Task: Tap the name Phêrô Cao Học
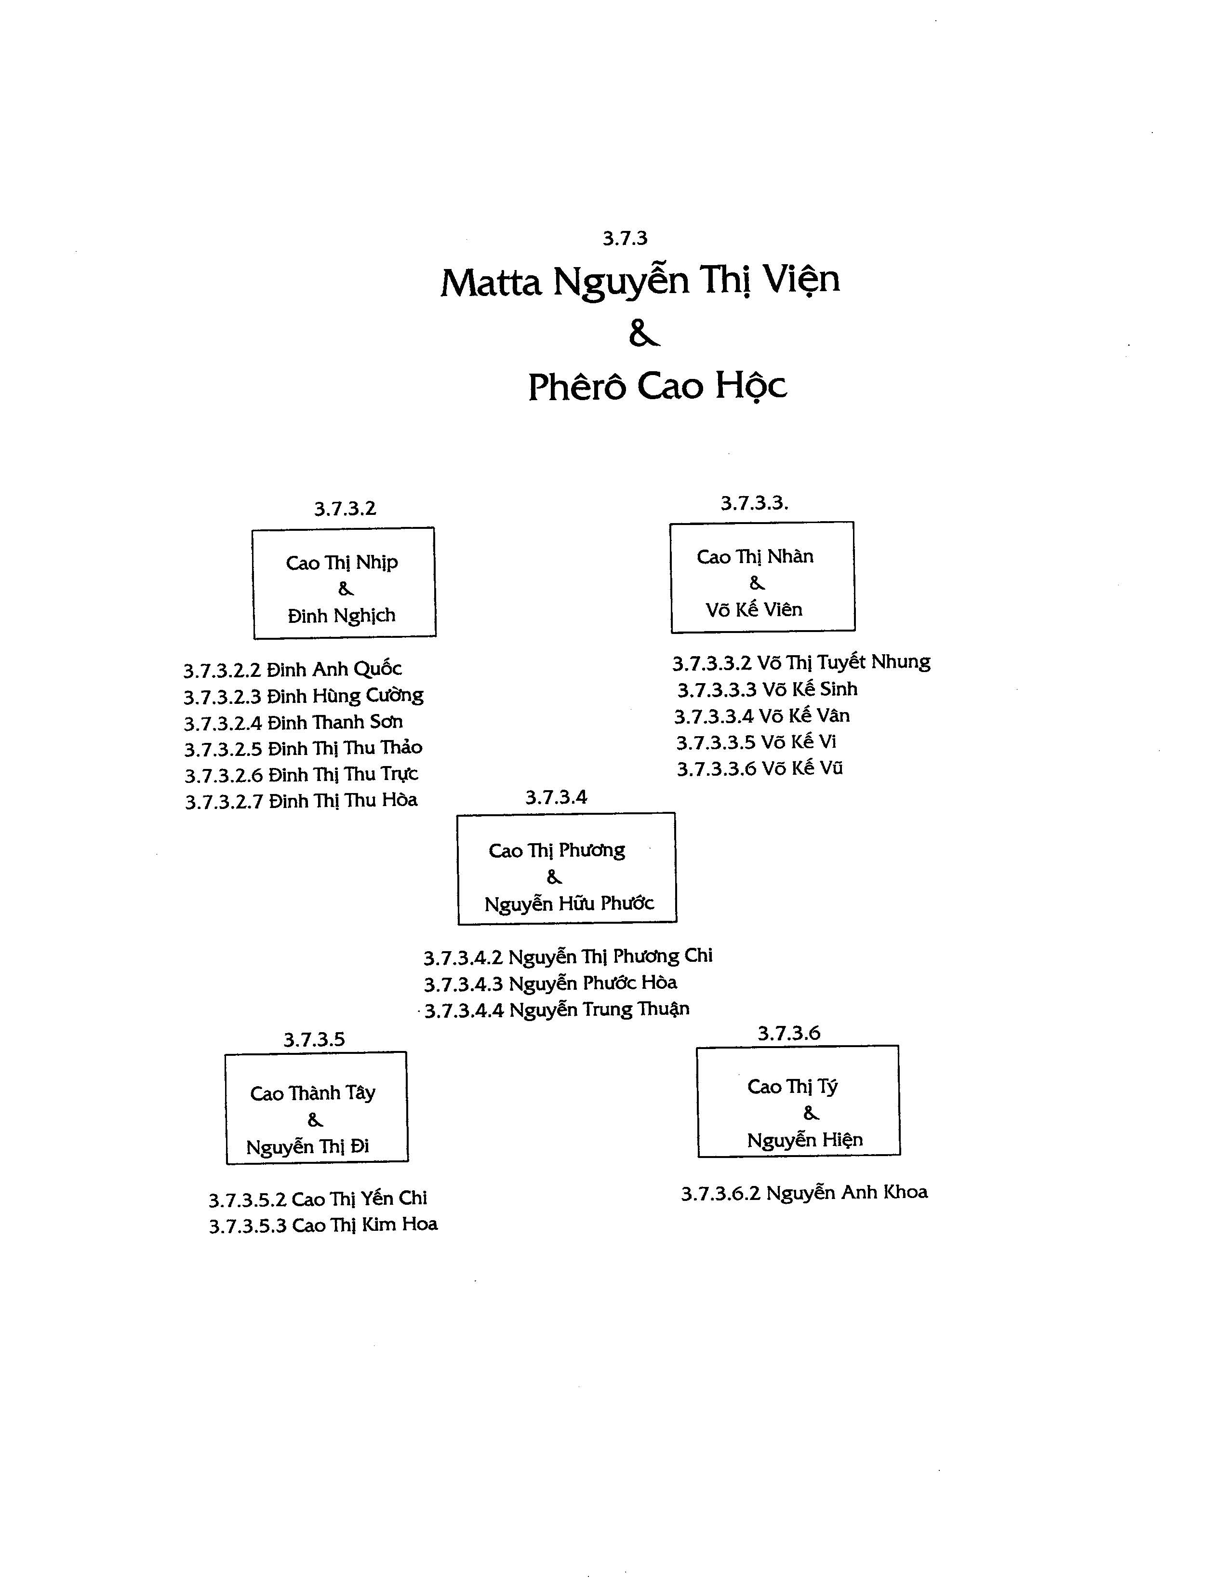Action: tap(657, 386)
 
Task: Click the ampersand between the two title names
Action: tap(643, 333)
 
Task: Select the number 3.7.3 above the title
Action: tap(625, 238)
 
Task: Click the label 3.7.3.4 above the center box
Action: tap(556, 797)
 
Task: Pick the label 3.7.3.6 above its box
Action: tap(789, 1033)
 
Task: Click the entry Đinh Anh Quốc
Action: tap(293, 669)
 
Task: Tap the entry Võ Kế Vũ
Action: tap(760, 768)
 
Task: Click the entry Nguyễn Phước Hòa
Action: tap(550, 983)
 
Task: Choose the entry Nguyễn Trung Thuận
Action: tap(557, 1010)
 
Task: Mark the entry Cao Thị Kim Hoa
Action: tap(323, 1225)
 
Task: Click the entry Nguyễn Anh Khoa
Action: tap(804, 1193)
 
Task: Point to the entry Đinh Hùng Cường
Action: tap(303, 696)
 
